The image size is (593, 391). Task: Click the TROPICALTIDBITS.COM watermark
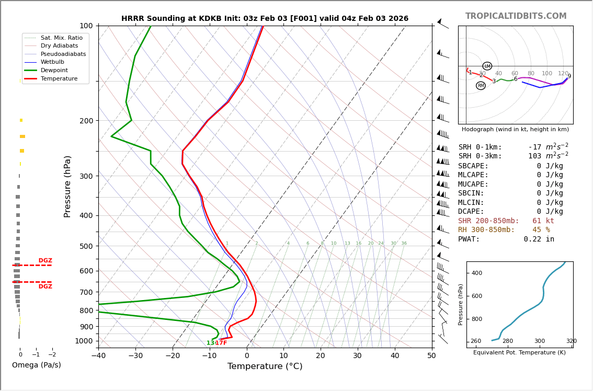tap(516, 16)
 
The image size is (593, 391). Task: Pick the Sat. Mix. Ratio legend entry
tap(61, 38)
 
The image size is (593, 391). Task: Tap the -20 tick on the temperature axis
tap(173, 356)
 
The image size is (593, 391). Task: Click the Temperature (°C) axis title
tap(265, 366)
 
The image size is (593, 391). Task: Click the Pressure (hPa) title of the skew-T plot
tap(68, 186)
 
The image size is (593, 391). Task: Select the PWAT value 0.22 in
tap(539, 239)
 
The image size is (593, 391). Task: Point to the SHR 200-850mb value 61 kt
tap(543, 221)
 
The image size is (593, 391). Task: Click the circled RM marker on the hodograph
tap(481, 86)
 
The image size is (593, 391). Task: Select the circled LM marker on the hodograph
tap(487, 66)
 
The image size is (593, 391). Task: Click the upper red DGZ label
tap(45, 261)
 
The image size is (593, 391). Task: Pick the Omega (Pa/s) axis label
tap(37, 365)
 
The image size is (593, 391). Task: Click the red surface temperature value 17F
tap(221, 343)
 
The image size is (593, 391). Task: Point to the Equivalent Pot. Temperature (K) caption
tap(519, 353)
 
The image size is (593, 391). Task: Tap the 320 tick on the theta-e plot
tap(571, 341)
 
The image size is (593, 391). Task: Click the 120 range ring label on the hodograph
tap(563, 74)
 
